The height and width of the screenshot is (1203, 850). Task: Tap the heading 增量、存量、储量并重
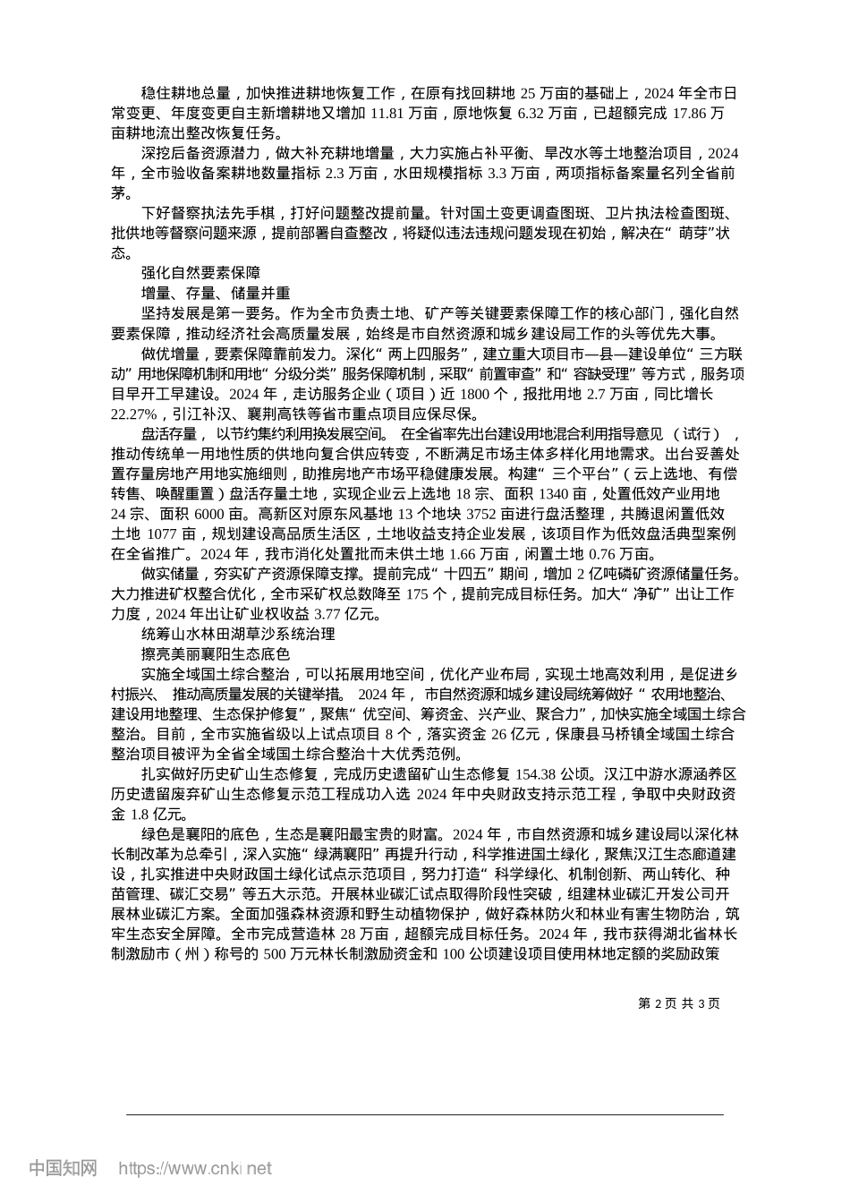[x=216, y=293]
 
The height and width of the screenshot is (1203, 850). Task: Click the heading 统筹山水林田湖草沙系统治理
[x=238, y=634]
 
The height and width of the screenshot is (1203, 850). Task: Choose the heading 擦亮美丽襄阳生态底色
[x=216, y=653]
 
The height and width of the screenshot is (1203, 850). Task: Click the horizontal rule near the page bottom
[x=424, y=1114]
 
